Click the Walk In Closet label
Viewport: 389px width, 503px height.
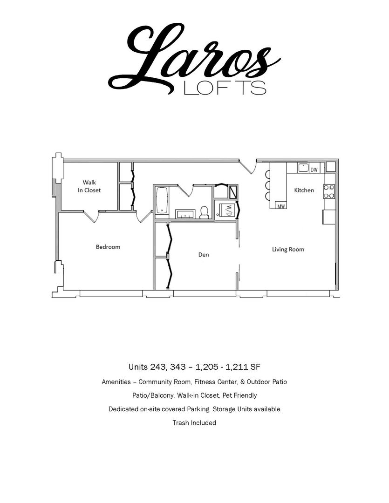89,186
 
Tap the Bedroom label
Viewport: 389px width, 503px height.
108,247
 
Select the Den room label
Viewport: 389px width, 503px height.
204,254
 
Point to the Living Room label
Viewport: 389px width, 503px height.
288,249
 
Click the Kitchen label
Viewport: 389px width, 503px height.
304,190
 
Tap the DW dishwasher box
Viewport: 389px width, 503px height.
314,169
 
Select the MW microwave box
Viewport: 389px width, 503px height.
281,205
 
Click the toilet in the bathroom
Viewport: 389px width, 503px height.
204,212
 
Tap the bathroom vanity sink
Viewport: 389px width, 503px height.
185,214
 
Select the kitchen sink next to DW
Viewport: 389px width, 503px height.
303,168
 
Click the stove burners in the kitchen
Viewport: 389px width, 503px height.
329,191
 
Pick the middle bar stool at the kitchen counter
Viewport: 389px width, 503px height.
268,185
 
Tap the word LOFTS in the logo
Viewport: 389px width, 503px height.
225,87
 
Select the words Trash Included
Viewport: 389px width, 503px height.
194,422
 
